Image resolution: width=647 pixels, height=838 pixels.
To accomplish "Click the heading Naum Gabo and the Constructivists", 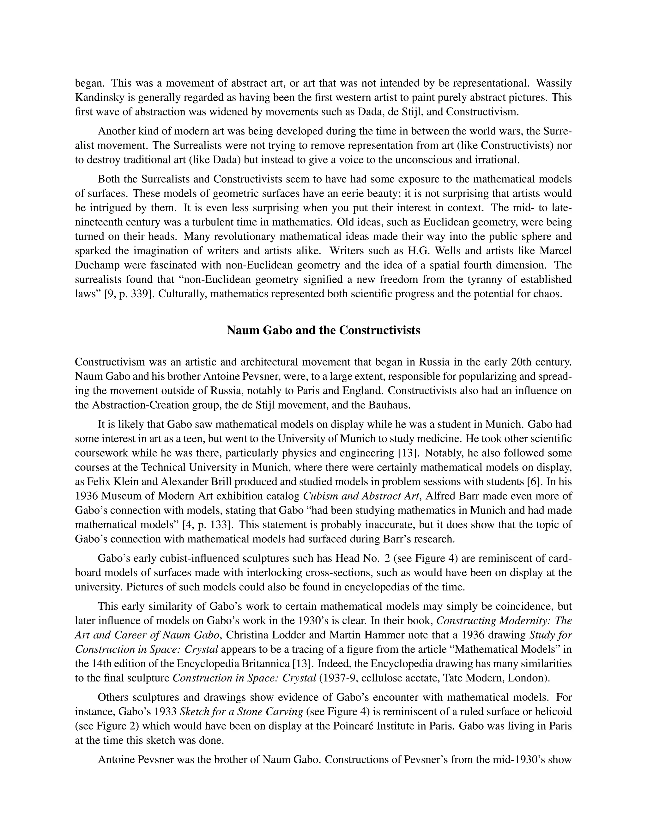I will (323, 330).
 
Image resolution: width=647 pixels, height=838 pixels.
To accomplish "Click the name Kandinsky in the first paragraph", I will (99, 97).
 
